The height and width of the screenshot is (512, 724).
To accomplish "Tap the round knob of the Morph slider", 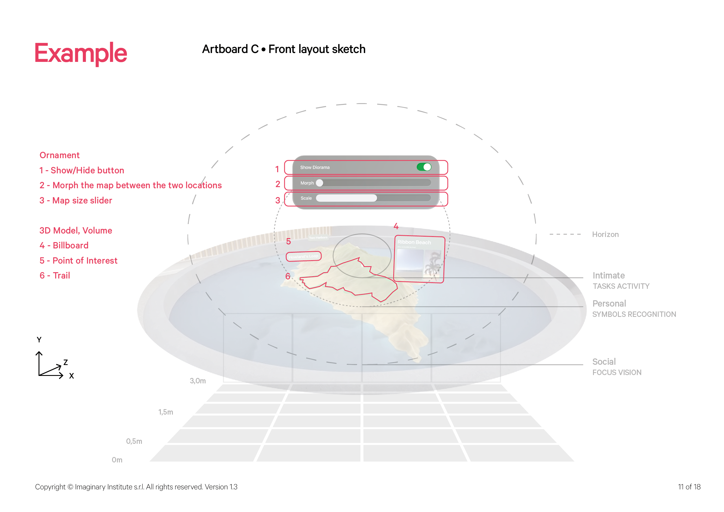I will point(319,183).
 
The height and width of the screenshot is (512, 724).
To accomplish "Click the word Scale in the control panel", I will point(306,198).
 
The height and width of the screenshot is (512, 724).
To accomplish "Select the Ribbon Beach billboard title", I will point(414,242).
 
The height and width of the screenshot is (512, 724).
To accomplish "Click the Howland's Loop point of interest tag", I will point(303,256).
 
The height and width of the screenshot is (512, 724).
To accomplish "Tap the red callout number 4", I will point(396,226).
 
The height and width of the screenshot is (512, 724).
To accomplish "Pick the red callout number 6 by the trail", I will point(287,276).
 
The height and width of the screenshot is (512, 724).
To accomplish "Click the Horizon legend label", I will point(605,235).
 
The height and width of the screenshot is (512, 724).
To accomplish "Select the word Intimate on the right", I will point(608,276).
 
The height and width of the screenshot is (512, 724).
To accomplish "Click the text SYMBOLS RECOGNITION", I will point(634,314).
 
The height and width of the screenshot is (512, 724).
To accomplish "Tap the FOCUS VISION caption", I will point(617,372).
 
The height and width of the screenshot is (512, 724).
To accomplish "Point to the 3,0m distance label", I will point(198,381).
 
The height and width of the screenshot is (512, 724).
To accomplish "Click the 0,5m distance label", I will point(134,442).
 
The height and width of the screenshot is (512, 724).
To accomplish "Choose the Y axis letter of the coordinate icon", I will point(39,340).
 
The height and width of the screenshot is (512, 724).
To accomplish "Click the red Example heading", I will point(81,53).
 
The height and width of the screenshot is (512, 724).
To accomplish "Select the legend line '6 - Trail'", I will point(55,276).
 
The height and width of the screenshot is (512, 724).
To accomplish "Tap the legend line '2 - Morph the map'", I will point(130,185).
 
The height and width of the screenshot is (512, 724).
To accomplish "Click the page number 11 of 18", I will point(689,487).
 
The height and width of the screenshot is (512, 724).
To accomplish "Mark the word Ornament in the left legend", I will point(60,155).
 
